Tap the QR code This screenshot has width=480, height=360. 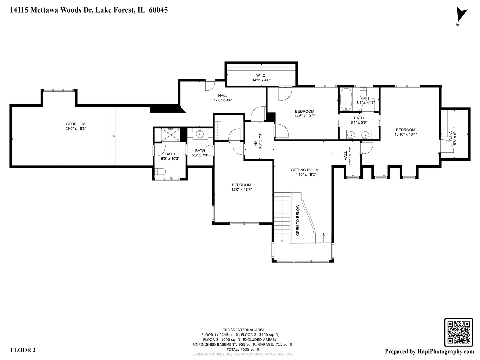click(458, 332)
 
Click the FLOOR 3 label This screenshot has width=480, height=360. click(23, 350)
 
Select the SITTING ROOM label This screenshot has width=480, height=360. click(305, 170)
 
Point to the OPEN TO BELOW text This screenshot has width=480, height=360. click(298, 220)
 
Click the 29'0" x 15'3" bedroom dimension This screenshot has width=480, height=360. click(76, 128)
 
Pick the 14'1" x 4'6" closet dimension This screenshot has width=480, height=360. click(261, 80)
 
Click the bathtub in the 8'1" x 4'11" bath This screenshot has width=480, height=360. click(346, 99)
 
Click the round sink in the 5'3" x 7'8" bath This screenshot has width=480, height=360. click(200, 135)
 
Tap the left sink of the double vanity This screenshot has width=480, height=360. click(351, 135)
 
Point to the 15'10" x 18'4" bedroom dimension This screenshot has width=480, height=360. click(405, 134)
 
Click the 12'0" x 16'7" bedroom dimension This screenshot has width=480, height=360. click(241, 189)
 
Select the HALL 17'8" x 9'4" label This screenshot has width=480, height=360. click(223, 98)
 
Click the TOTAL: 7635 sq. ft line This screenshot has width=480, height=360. click(243, 349)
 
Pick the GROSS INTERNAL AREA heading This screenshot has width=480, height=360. click(243, 330)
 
